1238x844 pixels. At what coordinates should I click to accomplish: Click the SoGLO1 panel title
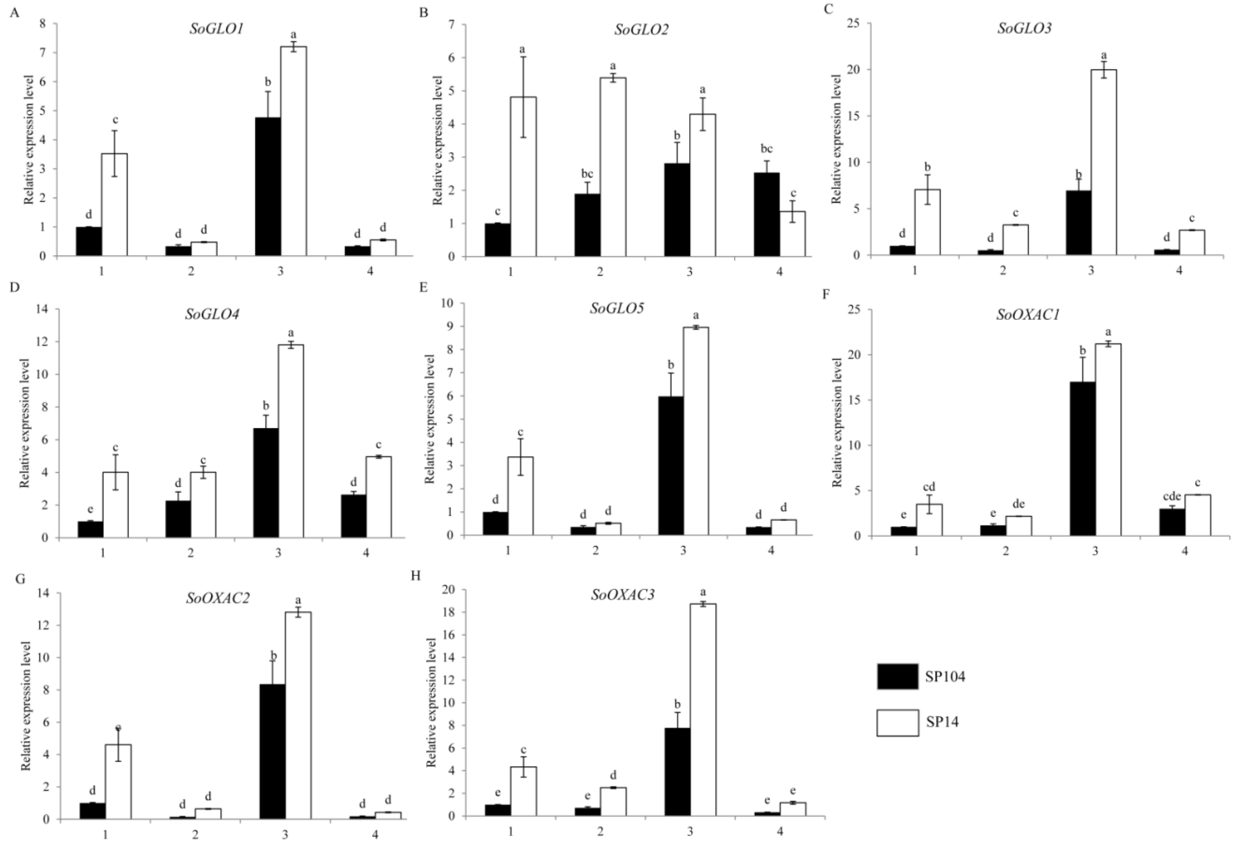(x=216, y=29)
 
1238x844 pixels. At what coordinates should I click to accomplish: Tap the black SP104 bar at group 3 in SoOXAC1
(x=1083, y=458)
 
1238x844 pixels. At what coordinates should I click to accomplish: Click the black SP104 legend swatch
(x=897, y=677)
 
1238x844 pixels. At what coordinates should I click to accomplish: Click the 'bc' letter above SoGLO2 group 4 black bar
(x=766, y=149)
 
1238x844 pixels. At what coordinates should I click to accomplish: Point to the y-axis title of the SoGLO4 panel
(x=24, y=423)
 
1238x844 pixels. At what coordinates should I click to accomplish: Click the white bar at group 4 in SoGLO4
(x=379, y=496)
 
